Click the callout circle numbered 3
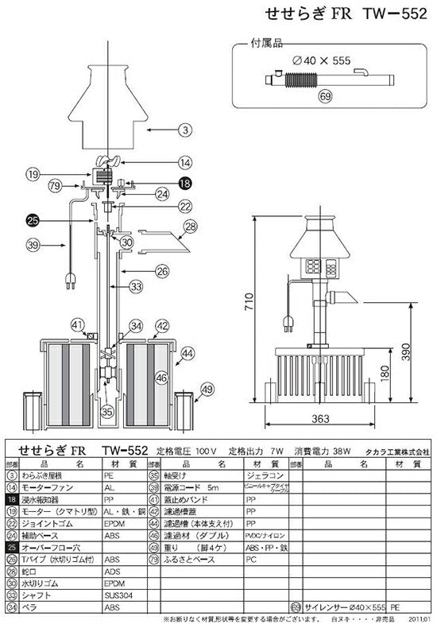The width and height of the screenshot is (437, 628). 184,128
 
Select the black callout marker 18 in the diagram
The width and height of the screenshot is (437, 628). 184,182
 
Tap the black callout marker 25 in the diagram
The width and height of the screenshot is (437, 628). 33,220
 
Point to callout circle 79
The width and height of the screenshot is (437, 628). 55,186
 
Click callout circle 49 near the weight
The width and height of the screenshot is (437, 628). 207,389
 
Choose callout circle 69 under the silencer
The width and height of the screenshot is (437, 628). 324,96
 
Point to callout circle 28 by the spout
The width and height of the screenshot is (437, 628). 190,227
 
